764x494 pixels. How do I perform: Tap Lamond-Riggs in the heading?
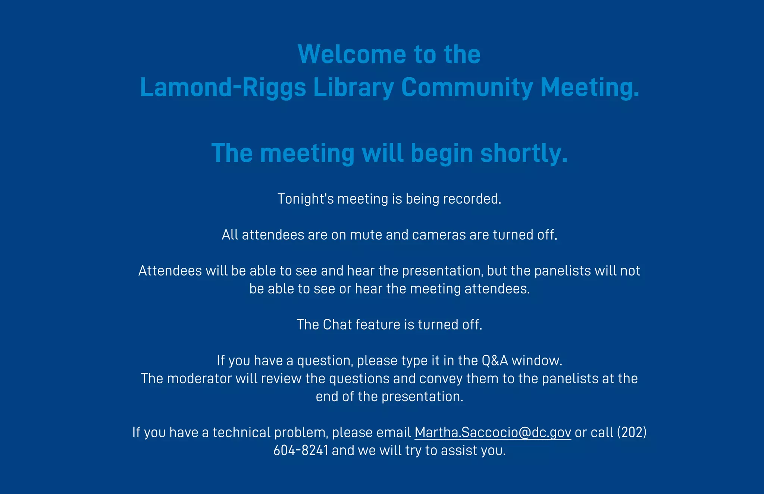223,87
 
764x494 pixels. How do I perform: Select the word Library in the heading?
353,87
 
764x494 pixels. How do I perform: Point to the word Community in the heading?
467,87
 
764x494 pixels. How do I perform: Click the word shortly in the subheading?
523,153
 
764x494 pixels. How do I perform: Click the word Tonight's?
306,199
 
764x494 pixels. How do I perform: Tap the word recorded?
472,199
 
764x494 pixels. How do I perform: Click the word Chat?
337,325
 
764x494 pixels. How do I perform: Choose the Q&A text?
495,361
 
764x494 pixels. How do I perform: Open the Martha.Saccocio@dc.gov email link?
492,432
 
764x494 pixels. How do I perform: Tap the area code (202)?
632,432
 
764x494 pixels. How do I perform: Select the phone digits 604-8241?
301,450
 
